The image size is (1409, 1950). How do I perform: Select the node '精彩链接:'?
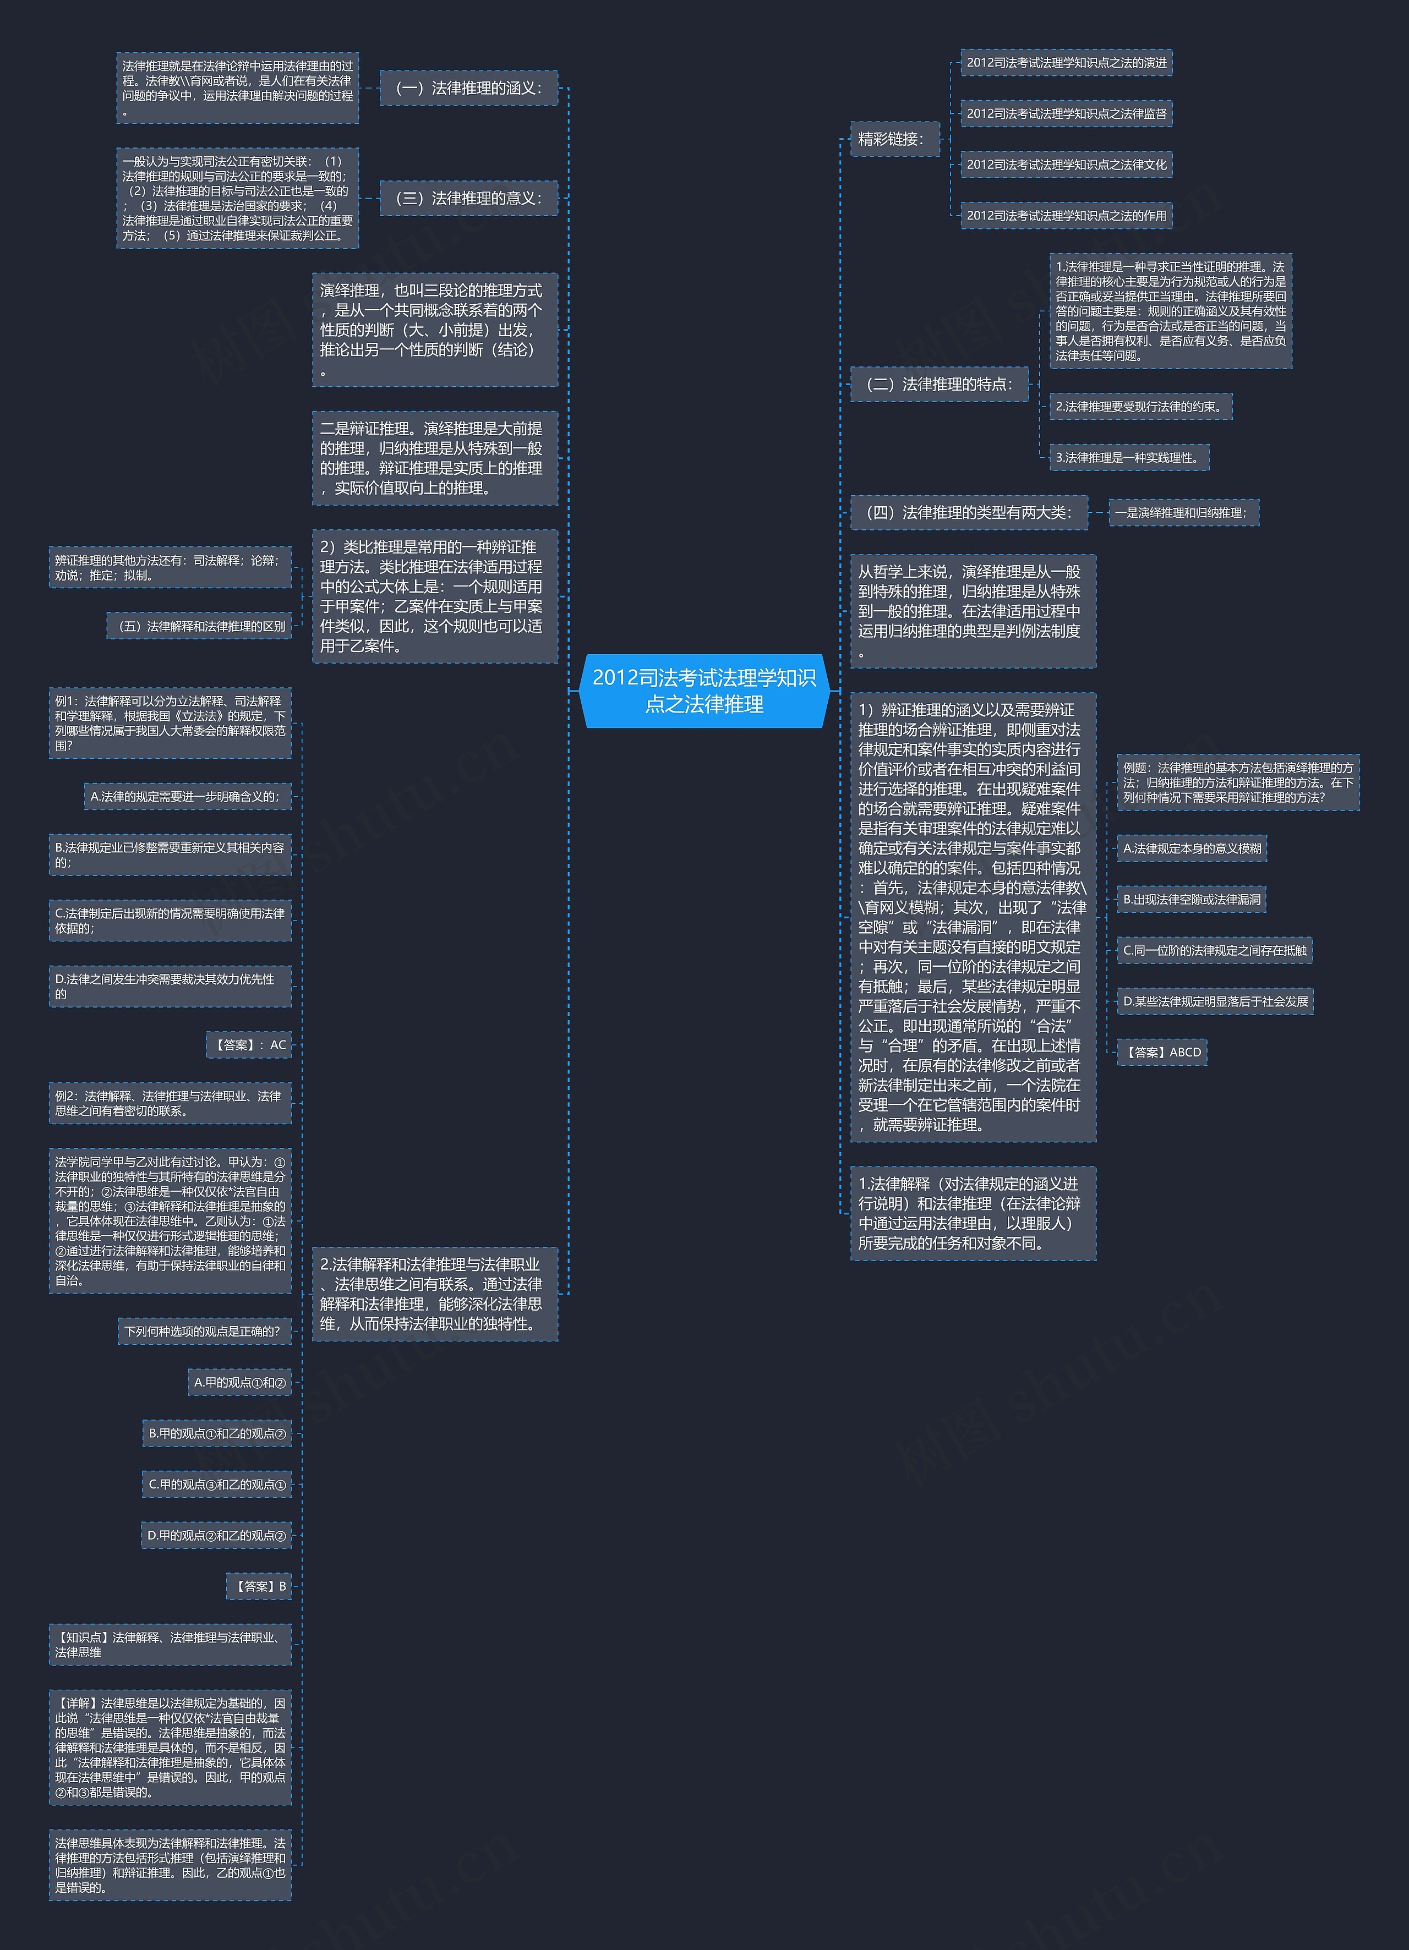(x=894, y=139)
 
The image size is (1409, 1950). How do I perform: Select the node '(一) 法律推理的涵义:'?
(x=469, y=87)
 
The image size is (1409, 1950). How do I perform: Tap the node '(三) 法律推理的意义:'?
(x=469, y=198)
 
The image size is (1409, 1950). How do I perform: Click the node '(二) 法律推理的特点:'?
(x=940, y=384)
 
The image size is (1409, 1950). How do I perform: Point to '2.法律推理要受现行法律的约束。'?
(x=1140, y=407)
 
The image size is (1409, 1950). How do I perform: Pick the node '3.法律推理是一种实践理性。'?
(x=1129, y=457)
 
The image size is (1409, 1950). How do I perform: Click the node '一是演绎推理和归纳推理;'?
(x=1184, y=512)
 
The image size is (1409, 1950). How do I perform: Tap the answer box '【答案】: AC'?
(x=249, y=1045)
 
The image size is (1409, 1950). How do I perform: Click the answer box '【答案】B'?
(x=259, y=1586)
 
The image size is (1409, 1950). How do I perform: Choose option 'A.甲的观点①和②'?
(x=239, y=1383)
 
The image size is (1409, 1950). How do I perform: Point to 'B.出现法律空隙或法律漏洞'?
(x=1192, y=899)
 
